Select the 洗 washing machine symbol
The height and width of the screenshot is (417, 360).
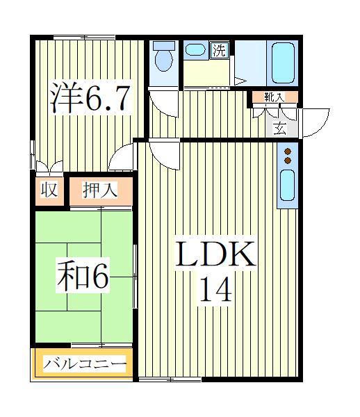coord(220,49)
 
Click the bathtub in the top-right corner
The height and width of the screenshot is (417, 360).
coord(283,63)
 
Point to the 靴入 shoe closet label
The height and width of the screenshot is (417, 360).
coord(273,97)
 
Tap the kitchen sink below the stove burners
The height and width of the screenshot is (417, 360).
coord(286,186)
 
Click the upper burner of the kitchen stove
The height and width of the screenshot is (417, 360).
coord(286,150)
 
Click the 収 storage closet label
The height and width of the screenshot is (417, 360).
coord(49,190)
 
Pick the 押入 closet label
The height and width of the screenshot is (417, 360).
coord(99,190)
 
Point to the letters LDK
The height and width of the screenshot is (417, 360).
coord(215,255)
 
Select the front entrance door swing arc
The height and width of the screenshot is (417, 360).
coord(315,122)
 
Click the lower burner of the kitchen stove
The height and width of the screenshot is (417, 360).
coord(286,161)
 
